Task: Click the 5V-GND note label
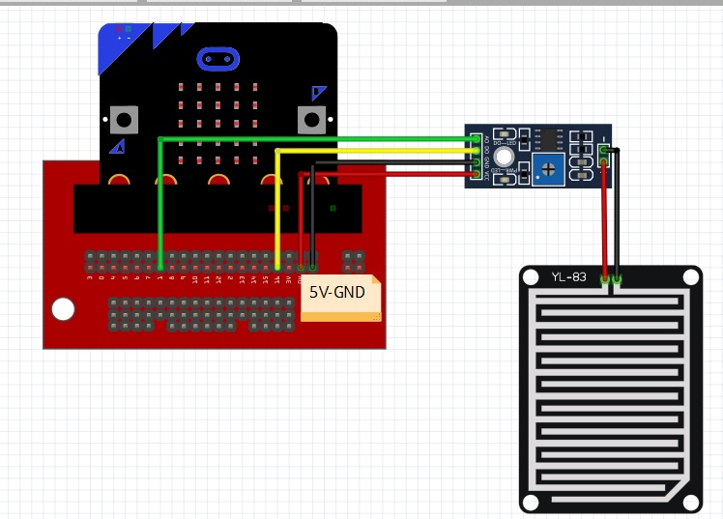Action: pos(337,291)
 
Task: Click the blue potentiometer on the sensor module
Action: pos(549,171)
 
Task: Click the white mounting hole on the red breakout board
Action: pos(63,309)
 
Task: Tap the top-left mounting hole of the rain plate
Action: pos(531,277)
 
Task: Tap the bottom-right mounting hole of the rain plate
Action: pos(691,502)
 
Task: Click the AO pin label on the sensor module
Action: pos(487,139)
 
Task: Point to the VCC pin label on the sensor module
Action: pos(487,174)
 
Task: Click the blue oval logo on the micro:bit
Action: pos(218,59)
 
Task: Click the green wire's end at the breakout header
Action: pos(160,266)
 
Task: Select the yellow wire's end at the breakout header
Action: pos(277,266)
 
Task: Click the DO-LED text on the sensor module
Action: pos(504,143)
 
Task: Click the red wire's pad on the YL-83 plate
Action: pos(605,279)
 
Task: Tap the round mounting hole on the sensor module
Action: pos(504,156)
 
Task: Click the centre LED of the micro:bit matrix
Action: pos(217,124)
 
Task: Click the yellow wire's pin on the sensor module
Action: pos(476,151)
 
